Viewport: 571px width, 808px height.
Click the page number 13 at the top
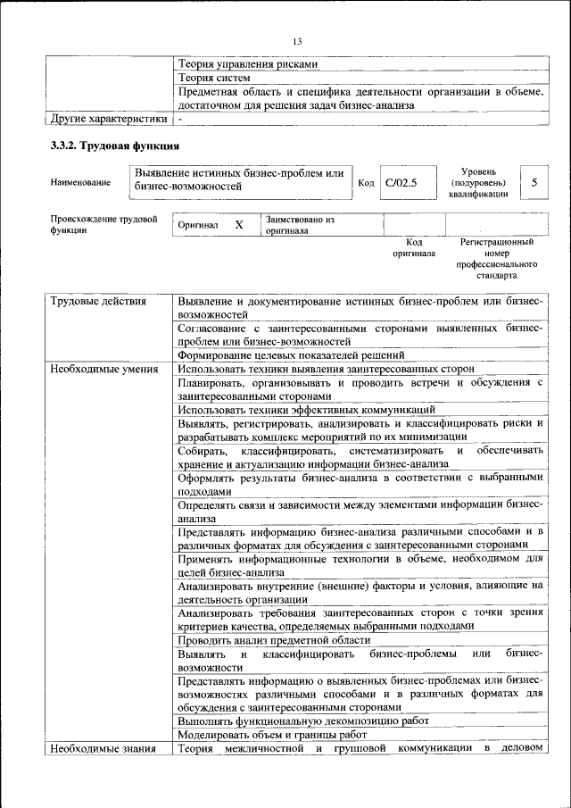click(x=297, y=41)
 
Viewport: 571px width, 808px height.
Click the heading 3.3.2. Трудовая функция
click(x=114, y=145)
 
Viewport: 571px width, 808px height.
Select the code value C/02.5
click(x=401, y=183)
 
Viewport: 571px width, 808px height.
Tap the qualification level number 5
click(x=534, y=182)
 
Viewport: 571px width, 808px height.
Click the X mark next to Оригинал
click(x=239, y=225)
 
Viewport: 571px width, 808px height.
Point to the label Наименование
click(x=81, y=183)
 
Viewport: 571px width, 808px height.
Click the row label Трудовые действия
click(x=97, y=302)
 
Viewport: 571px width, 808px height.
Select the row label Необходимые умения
click(x=104, y=369)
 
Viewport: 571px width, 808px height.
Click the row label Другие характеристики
click(x=108, y=118)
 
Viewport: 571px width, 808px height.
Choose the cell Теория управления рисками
click(x=247, y=64)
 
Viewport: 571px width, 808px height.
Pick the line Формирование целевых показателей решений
click(x=291, y=355)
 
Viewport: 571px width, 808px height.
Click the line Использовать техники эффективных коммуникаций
click(x=306, y=409)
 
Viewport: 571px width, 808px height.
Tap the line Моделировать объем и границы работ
click(x=272, y=734)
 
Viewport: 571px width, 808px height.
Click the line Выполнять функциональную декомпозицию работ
click(x=302, y=721)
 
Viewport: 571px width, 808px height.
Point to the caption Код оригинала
click(x=414, y=247)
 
